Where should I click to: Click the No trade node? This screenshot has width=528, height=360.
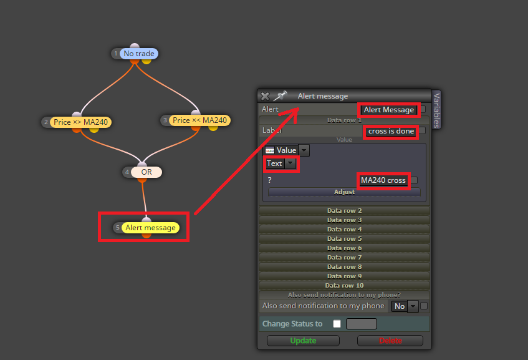coord(139,54)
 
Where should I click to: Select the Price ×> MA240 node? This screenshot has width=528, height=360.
coord(80,122)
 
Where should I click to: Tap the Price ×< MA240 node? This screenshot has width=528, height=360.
coord(199,120)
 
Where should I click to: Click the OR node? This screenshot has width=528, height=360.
coord(146,172)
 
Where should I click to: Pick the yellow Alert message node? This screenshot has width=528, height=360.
coord(150,228)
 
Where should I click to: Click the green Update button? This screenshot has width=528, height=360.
coord(303,341)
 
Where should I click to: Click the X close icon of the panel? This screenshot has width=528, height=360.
coord(265,97)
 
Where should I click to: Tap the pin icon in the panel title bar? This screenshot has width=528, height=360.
coord(280,96)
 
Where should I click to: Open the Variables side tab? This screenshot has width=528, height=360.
coord(436,110)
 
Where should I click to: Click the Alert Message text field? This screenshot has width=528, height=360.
coord(388,110)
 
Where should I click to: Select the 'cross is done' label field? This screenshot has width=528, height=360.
coord(391,131)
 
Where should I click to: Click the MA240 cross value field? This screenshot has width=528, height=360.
coord(383,180)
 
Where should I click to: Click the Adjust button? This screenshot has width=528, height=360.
coord(344,192)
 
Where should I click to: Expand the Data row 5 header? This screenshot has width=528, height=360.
coord(344,239)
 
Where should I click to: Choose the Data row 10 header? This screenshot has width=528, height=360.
coord(344,286)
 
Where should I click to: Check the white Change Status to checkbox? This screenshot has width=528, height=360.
coord(337,324)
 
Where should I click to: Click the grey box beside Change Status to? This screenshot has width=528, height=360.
coord(362,324)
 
